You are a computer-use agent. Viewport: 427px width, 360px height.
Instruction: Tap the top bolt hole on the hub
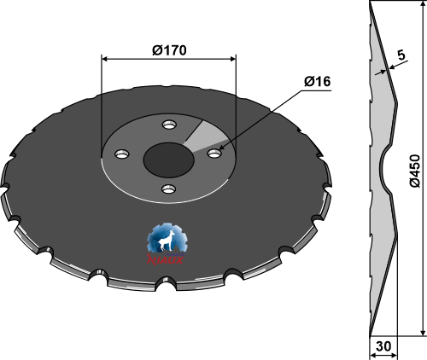pyautogui.click(x=170, y=125)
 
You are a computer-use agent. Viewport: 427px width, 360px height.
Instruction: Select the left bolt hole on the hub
pyautogui.click(x=121, y=155)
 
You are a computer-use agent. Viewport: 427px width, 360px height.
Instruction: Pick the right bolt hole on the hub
pyautogui.click(x=213, y=154)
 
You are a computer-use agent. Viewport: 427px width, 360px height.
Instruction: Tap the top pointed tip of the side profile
pyautogui.click(x=371, y=4)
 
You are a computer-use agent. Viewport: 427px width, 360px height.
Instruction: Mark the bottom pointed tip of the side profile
pyautogui.click(x=371, y=334)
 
